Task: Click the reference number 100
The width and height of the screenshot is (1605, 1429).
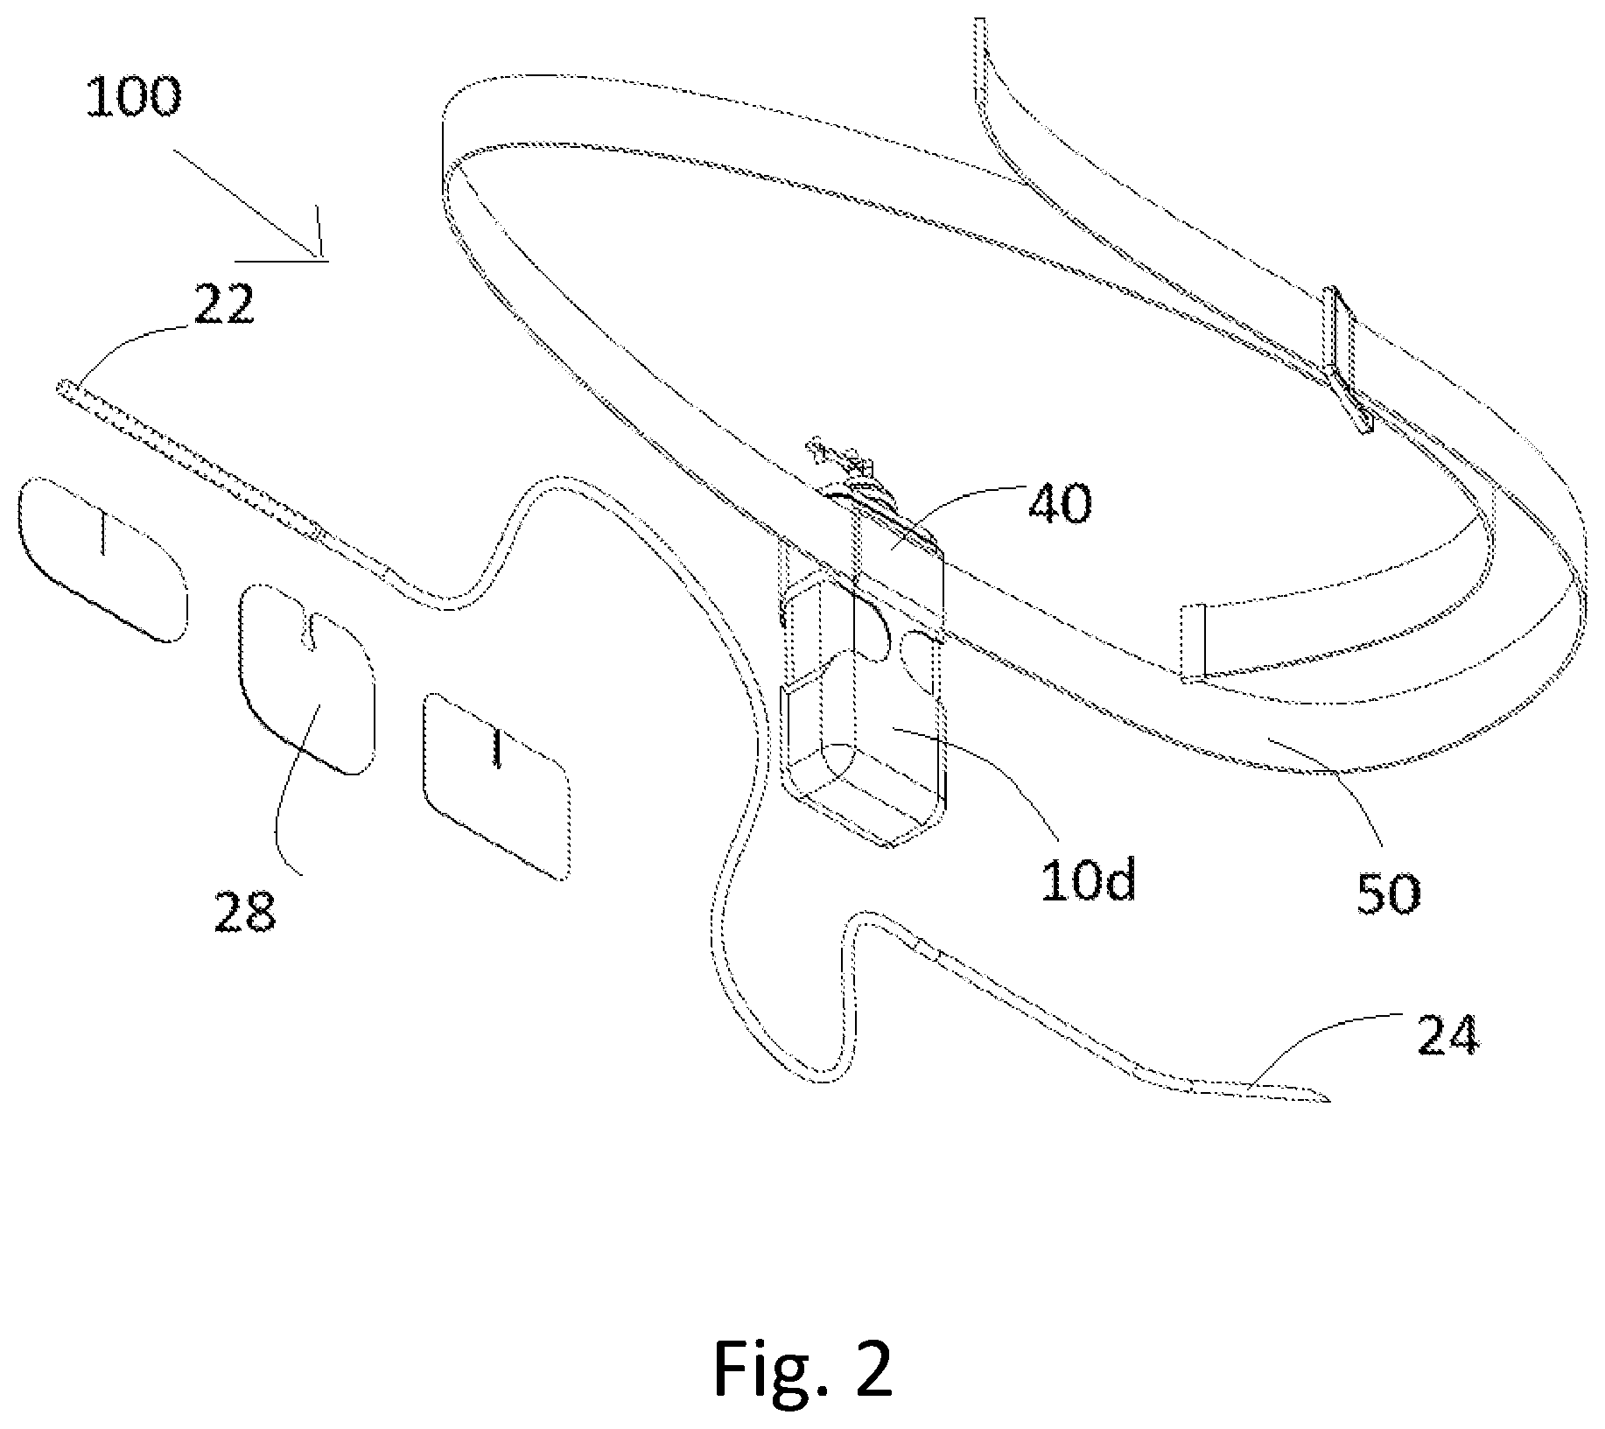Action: [x=133, y=96]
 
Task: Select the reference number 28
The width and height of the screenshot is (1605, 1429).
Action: [x=245, y=911]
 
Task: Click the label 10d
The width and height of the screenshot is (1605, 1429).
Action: [x=1088, y=880]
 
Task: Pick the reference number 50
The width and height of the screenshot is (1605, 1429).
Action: [x=1389, y=893]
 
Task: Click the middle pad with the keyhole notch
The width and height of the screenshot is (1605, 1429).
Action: [x=307, y=678]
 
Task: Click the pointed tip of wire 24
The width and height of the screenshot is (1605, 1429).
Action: [x=1328, y=1099]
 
